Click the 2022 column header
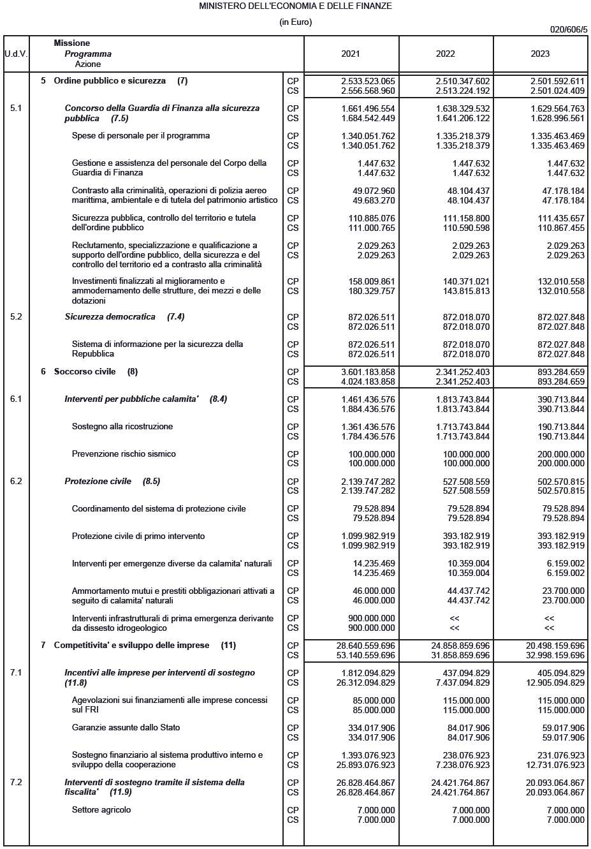pos(445,54)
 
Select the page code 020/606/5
pos(568,29)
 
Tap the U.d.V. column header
pos(16,54)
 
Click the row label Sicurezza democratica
pos(110,317)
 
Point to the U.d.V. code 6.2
pos(16,481)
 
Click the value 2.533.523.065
pos(368,81)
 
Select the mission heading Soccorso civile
pos(85,371)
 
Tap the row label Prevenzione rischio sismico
pos(124,454)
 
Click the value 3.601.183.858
pos(368,372)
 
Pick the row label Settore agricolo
pos(101,810)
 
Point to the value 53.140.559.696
pos(365,655)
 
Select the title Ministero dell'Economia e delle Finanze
pos(295,6)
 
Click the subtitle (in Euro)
pos(295,22)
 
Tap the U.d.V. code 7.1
pos(16,672)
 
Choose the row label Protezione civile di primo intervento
pos(138,536)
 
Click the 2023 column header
pos(540,54)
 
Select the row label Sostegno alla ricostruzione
pos(122,427)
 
